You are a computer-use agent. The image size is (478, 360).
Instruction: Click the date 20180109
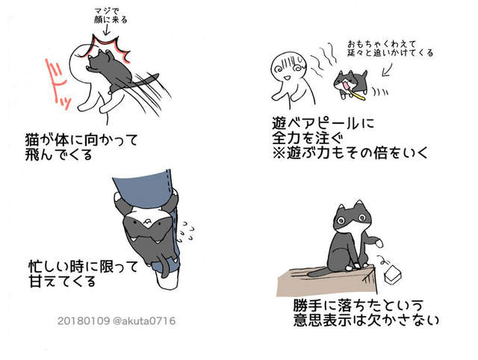[x=83, y=320]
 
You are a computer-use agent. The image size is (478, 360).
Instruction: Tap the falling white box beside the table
[x=393, y=274]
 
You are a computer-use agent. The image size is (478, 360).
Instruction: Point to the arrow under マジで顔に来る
[x=106, y=30]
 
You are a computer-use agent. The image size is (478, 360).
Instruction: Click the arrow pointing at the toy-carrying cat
[x=387, y=69]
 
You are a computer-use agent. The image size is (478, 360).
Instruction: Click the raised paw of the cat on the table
[x=379, y=243]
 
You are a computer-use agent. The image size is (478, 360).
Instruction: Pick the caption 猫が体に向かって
[x=81, y=140]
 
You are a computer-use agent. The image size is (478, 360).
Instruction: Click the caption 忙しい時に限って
[x=83, y=267]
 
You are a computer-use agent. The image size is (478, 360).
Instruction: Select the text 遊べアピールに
[x=323, y=123]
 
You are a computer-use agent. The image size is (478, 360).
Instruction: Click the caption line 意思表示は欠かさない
[x=366, y=320]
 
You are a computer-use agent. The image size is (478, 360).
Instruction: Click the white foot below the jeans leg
[x=167, y=280]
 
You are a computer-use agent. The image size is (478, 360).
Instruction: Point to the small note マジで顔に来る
[x=111, y=16]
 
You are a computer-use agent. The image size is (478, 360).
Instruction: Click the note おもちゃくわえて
[x=382, y=44]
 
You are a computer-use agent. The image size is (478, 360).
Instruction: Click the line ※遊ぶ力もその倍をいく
[x=350, y=152]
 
